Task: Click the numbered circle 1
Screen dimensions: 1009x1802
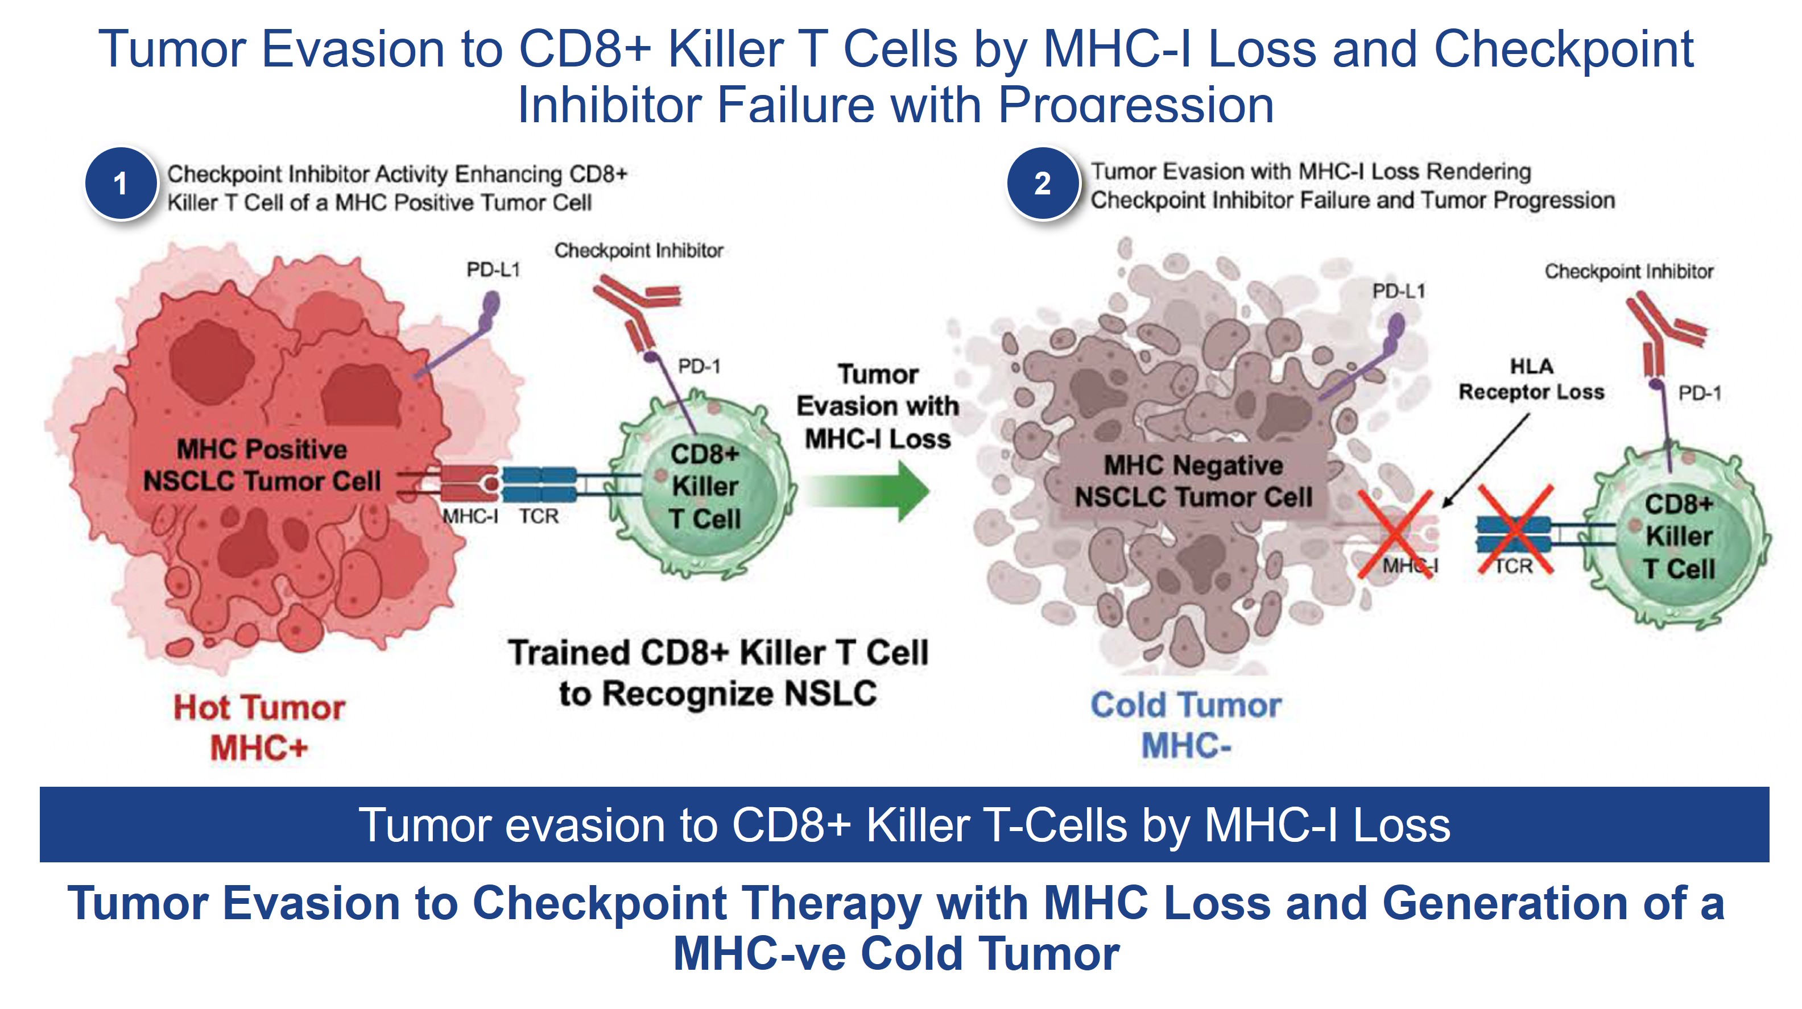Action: tap(121, 184)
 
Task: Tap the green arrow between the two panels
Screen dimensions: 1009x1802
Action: tap(867, 491)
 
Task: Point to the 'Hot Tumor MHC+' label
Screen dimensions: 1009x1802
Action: tap(259, 727)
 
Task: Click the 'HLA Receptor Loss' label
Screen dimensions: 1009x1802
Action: tap(1531, 379)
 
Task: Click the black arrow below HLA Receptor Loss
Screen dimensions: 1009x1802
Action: tap(1486, 460)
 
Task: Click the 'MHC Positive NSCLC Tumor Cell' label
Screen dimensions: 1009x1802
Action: tap(262, 465)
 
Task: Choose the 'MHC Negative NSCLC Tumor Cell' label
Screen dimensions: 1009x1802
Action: tap(1193, 481)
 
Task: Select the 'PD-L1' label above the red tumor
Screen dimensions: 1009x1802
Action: tap(493, 270)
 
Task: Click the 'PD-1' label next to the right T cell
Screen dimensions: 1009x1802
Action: tap(1700, 394)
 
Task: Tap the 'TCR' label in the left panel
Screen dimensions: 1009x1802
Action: tap(539, 517)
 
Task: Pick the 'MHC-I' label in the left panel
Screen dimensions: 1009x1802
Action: tap(470, 517)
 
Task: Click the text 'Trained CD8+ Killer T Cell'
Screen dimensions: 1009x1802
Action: tap(718, 653)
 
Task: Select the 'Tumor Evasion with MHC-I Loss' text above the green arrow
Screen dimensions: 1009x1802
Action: tap(878, 407)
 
